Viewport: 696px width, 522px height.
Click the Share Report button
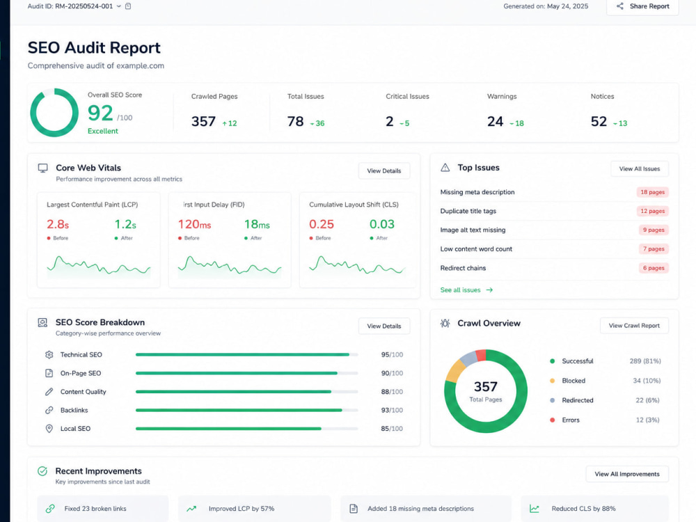pos(642,6)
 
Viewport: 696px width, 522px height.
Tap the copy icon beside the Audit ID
pos(128,6)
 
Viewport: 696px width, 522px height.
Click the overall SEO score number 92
pos(100,113)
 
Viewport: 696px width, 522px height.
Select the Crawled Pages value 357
pos(203,121)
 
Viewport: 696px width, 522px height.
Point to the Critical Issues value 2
pos(390,121)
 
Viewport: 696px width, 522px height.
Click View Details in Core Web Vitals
pos(384,171)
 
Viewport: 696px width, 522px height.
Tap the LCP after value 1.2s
pos(125,224)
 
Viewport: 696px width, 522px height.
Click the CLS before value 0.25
pos(322,224)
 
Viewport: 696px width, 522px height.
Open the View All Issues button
pos(640,168)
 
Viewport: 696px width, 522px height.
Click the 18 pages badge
pos(653,192)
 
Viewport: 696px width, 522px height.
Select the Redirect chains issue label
pos(463,268)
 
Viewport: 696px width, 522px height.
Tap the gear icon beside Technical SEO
pos(49,355)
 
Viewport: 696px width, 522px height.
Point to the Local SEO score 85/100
pos(392,429)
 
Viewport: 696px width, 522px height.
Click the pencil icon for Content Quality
pos(49,391)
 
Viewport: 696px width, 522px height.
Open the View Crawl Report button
pos(634,325)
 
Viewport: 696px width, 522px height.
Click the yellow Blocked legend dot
pos(552,381)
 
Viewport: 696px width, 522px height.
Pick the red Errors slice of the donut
pos(481,356)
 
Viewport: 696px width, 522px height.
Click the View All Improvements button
pos(627,474)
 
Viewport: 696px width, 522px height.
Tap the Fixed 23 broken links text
pos(95,509)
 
